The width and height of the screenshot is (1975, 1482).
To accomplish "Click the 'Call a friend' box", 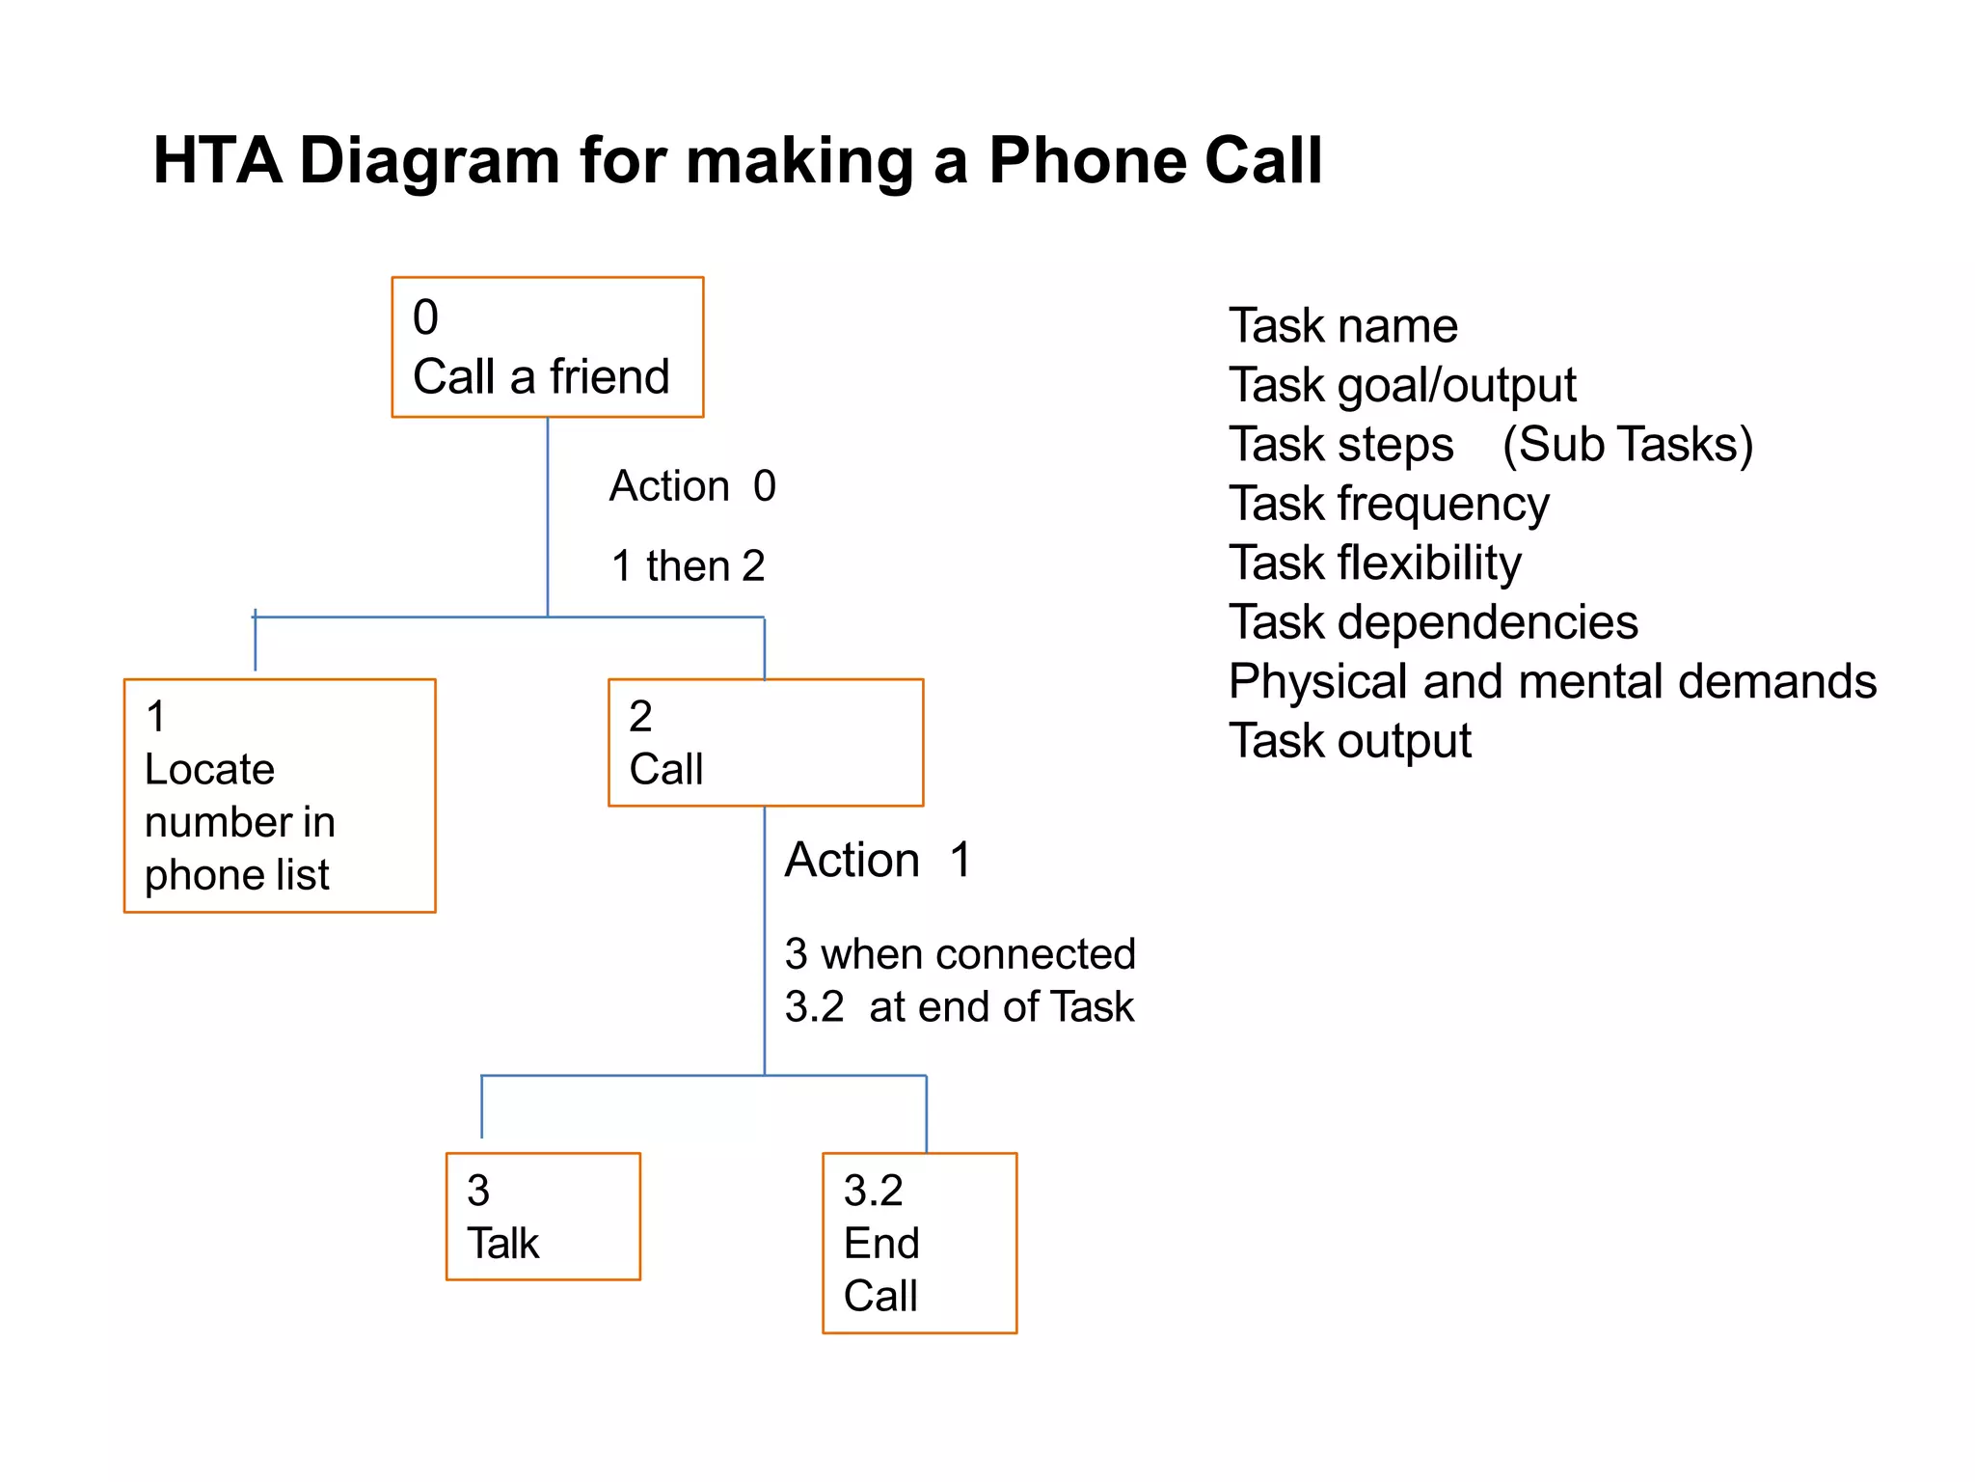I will click(547, 347).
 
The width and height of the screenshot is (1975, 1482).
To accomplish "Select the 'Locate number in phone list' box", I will click(280, 795).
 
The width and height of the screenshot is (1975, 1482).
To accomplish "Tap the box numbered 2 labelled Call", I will click(765, 742).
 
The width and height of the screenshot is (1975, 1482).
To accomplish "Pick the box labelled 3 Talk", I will click(543, 1216).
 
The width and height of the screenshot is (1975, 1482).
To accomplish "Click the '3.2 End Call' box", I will click(919, 1243).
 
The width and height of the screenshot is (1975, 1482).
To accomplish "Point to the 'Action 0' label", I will click(692, 485).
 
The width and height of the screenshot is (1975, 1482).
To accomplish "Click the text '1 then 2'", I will click(688, 565).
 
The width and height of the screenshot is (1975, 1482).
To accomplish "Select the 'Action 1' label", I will click(878, 859).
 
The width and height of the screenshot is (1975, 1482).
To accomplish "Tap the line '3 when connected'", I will click(960, 953).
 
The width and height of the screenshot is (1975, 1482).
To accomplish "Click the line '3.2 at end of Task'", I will click(959, 1006).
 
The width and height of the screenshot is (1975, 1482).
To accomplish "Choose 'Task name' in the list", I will click(1342, 325).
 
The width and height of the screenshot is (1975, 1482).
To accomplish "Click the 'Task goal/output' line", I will click(1402, 385).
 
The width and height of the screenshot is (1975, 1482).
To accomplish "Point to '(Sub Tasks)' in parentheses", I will click(1627, 444).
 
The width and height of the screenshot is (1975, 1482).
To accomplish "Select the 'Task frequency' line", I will click(1389, 504).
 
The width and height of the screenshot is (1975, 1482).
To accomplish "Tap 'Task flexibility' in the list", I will click(1374, 563).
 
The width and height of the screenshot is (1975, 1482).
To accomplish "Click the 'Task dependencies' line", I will click(1433, 622).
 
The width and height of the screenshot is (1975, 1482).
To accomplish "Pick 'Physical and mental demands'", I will click(1552, 681).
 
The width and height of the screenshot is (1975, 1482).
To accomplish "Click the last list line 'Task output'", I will click(1349, 741).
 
